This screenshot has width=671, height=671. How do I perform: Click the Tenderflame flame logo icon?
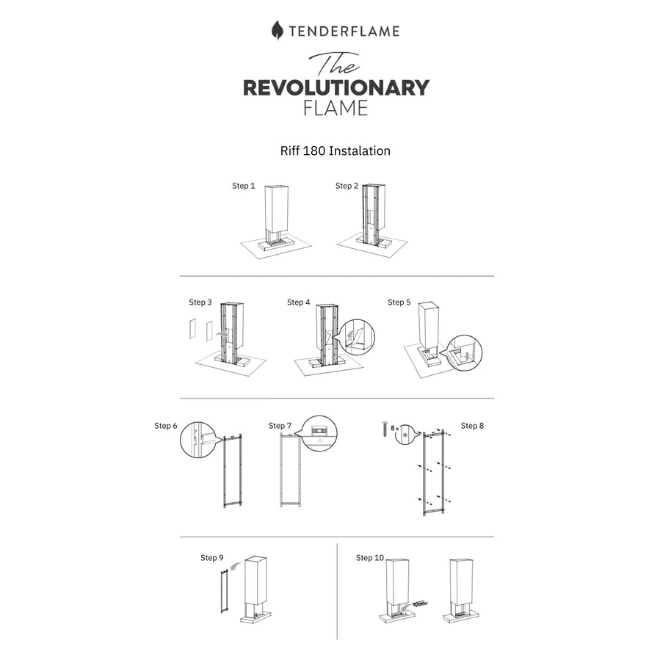[277, 30]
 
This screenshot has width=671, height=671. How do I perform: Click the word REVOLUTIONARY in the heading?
[336, 87]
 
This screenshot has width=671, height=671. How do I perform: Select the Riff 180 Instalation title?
[335, 151]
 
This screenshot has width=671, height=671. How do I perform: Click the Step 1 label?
[244, 186]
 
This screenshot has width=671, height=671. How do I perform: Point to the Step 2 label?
[347, 186]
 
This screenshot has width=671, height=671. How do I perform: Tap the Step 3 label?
[200, 302]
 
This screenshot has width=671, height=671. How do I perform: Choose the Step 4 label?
[298, 302]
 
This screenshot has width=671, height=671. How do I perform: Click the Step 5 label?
[399, 302]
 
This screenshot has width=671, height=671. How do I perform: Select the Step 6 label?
[166, 426]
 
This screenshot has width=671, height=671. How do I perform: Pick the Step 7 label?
[280, 426]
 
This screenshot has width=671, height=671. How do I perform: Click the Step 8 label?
[473, 426]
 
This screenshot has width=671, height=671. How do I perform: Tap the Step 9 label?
[212, 558]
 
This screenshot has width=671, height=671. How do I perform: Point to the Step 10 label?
[370, 558]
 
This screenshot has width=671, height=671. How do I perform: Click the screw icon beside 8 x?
[384, 429]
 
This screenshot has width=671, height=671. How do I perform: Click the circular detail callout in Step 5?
[464, 353]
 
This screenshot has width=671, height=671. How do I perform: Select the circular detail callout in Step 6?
[197, 440]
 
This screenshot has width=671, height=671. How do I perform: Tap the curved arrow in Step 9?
[234, 567]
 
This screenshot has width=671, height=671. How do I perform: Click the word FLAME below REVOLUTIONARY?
[335, 108]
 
